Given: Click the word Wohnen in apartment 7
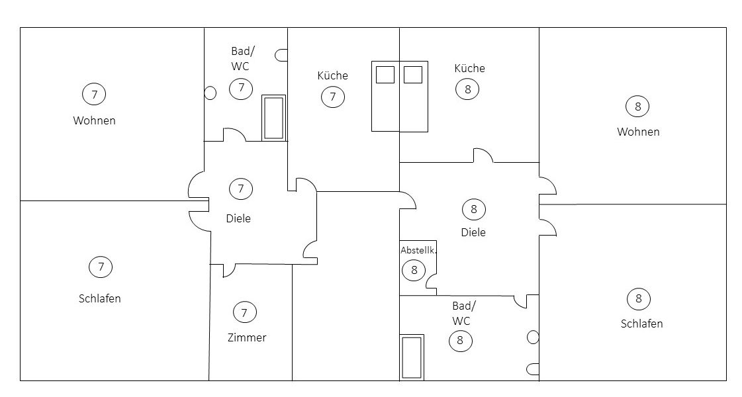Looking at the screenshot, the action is (94, 120).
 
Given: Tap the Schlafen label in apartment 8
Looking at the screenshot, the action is (641, 324).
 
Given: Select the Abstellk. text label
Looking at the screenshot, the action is (418, 250).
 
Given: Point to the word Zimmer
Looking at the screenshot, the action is (246, 337).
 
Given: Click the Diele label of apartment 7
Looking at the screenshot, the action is (238, 218).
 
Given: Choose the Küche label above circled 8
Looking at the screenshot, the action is (469, 68).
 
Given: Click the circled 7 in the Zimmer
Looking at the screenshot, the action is (245, 312).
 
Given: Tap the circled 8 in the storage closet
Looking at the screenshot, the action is (414, 270).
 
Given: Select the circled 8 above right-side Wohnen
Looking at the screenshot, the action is (637, 107).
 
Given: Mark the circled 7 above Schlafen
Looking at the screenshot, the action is (101, 267).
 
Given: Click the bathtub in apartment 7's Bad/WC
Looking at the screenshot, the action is (274, 118).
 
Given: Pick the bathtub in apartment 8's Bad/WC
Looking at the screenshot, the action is (412, 357).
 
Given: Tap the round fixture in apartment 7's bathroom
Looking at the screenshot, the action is (210, 93).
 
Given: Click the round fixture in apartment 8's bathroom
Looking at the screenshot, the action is (533, 337).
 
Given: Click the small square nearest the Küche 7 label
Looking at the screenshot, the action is (385, 75).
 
